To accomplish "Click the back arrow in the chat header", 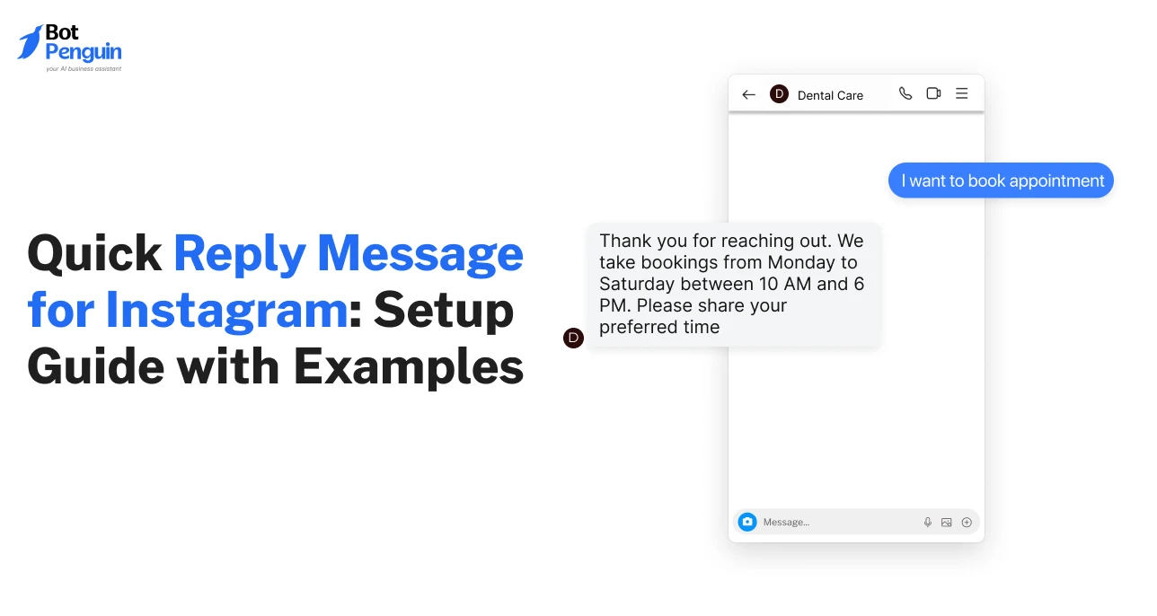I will [748, 94].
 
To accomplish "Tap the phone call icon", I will [905, 93].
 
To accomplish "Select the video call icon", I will [933, 93].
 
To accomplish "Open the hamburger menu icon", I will [961, 93].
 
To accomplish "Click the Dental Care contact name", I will [830, 95].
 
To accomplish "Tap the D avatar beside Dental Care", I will [779, 94].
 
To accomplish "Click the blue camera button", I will [747, 522].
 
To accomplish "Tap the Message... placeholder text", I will [786, 523].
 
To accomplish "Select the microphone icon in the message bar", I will [928, 522].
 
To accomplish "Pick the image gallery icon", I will [947, 522].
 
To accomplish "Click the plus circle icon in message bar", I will [967, 522].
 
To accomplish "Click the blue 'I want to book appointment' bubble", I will [1002, 180].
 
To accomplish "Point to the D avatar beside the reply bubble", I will [573, 338].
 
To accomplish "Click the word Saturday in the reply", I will [636, 284].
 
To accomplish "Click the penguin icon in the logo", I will [30, 42].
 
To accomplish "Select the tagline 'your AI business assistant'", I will [84, 68].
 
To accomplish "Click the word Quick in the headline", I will [94, 254].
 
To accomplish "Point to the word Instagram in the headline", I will [226, 311].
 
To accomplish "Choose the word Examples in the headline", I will [408, 366].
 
